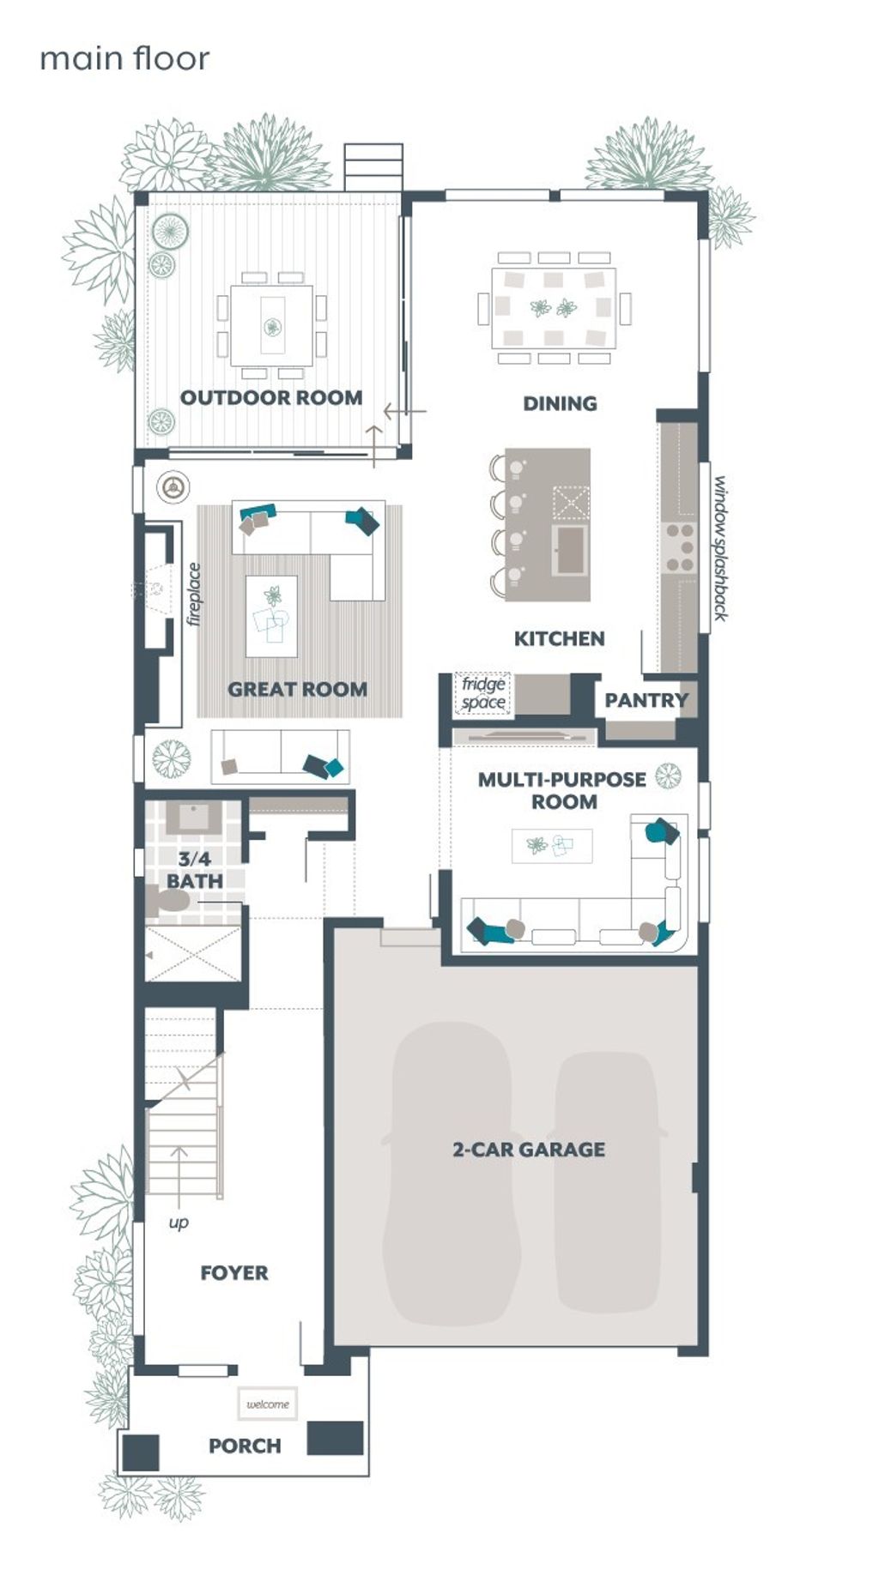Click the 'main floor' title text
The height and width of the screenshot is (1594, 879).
124,59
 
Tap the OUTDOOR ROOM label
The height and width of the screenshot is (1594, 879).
270,397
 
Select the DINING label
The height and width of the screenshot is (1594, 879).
560,403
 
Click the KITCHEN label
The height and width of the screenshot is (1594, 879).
559,638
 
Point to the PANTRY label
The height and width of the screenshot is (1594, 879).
646,700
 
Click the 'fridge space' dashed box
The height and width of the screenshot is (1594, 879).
482,693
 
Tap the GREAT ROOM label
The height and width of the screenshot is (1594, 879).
297,689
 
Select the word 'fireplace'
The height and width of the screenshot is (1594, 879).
194,594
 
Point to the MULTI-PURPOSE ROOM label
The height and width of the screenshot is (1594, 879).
562,790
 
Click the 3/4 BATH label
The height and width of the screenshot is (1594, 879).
194,870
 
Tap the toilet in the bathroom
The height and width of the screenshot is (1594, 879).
168,901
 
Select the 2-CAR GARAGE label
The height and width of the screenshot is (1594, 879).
529,1150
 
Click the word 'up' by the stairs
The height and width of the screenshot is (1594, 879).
179,1222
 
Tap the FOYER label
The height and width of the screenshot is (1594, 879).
233,1273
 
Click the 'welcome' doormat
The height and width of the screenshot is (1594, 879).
268,1404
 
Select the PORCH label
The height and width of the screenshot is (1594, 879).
245,1446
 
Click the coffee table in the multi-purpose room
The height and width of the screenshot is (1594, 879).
552,846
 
